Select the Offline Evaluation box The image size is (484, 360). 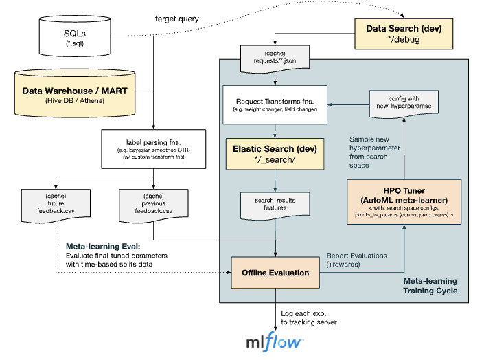(275, 273)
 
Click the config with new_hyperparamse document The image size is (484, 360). (402, 104)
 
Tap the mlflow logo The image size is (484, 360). (275, 341)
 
